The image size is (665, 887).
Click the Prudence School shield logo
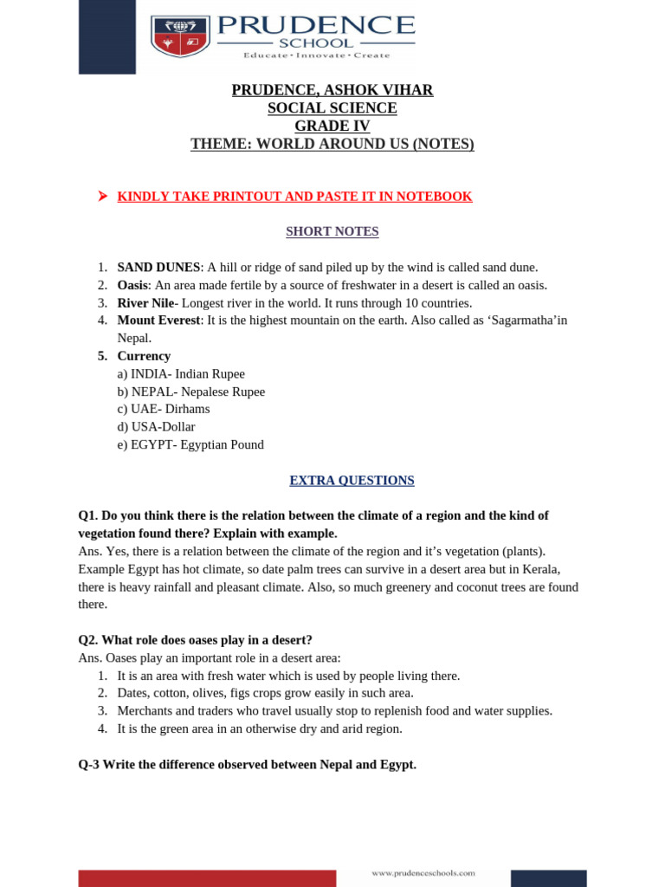coord(180,36)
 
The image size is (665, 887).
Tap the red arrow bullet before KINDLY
coord(102,197)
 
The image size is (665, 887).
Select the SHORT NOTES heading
coord(332,232)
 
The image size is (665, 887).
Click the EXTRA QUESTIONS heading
coord(352,481)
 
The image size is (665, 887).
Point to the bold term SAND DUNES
coord(158,268)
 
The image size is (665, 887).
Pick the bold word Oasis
coord(132,285)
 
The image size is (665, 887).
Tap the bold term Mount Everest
coord(158,320)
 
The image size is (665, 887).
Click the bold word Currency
coord(144,356)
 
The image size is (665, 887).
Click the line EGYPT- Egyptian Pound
coord(190,445)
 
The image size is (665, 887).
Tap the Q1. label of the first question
coord(88,515)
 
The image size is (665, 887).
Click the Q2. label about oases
coord(88,640)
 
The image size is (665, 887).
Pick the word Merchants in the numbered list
coord(145,711)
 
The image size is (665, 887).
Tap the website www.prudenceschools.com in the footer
coord(423,873)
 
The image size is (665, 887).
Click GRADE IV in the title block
coord(332,126)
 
